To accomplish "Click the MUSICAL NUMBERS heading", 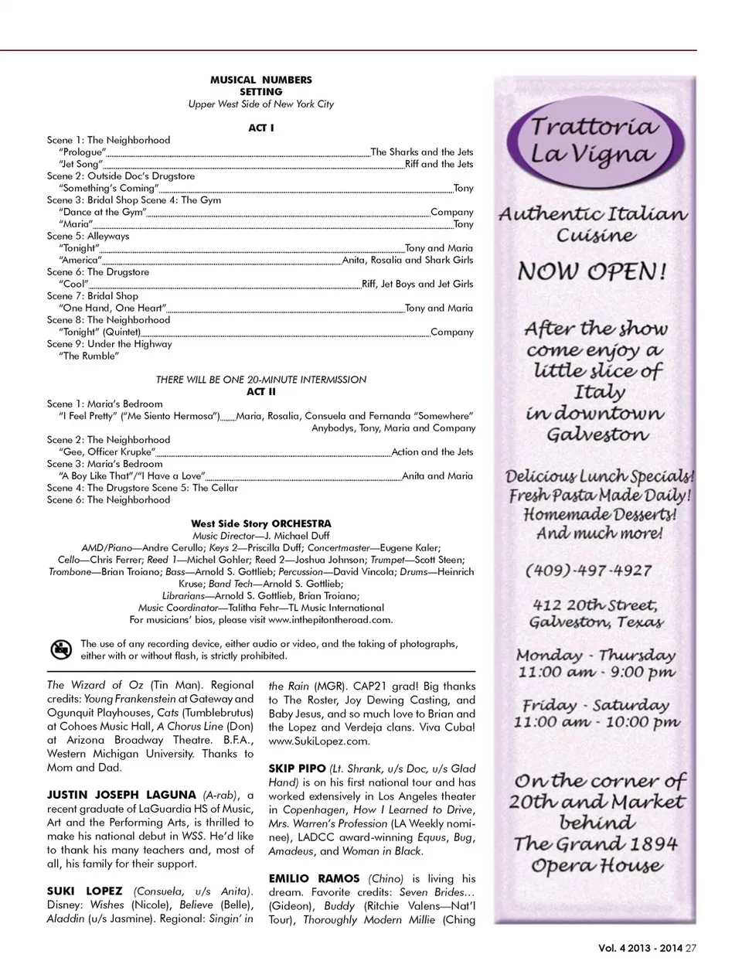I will [x=260, y=80].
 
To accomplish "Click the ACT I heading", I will [x=260, y=128].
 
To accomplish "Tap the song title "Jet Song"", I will [x=80, y=164].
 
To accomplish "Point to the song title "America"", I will [x=80, y=260].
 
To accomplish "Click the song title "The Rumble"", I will [x=89, y=356].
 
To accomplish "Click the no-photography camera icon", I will [x=61, y=649].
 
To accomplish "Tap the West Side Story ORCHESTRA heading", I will [x=260, y=523].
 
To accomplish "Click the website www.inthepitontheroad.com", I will [x=330, y=619].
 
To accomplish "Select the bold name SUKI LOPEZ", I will [x=85, y=891].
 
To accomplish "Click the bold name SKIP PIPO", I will [x=297, y=768].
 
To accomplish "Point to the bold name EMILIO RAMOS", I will [x=315, y=878].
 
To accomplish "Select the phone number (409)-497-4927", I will [x=589, y=571].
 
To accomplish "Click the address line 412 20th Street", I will [x=594, y=605].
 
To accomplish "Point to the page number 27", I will [x=691, y=949].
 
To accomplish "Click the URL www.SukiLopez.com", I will [x=319, y=741].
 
